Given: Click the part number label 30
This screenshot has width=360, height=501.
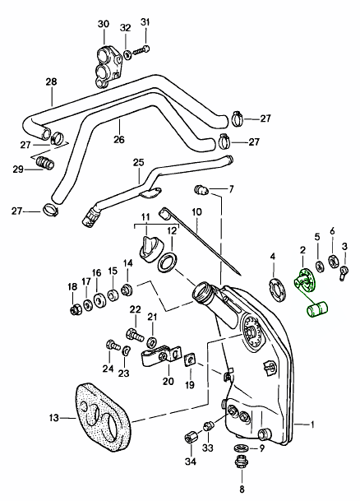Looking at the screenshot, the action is coord(103,24).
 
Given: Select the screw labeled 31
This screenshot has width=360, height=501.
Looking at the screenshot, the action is coord(141,50).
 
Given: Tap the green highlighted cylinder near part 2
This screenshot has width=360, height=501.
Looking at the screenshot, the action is coord(317,309).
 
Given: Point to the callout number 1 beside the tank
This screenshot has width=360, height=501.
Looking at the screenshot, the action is coord(313,424).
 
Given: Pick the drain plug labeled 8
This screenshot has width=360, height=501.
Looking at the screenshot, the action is coord(242,463).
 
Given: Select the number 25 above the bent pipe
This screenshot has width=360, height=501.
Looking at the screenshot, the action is coord(139,162).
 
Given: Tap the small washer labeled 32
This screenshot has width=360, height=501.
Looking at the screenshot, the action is coord(127,55).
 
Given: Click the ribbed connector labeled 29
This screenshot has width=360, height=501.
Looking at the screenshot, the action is coord(44,163).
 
